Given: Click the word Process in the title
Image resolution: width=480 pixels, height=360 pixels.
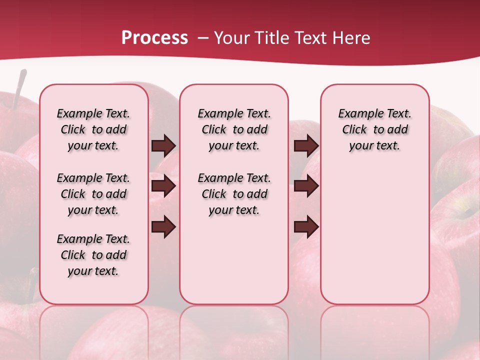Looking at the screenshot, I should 154,38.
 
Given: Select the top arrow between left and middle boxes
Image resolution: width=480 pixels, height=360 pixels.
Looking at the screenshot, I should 164,145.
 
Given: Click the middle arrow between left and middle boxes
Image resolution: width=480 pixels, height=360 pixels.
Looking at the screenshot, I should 164,186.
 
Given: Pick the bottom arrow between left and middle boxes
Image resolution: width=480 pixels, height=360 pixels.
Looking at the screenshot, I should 164,227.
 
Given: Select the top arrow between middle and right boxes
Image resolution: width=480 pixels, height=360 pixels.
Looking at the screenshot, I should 306,145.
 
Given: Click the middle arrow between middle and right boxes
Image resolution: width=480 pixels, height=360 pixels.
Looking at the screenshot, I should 306,186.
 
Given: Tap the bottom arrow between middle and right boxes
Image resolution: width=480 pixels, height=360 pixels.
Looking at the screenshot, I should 306,227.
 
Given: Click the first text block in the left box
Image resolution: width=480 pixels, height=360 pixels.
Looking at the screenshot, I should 93,129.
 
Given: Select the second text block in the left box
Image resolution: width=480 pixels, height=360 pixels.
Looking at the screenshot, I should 93,194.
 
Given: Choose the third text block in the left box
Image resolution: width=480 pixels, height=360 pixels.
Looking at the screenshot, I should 93,255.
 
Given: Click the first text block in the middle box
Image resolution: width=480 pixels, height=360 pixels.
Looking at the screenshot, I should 234,129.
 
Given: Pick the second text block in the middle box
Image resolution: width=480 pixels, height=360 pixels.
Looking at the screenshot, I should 234,194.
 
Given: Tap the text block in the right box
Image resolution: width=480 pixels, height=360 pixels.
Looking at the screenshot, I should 375,129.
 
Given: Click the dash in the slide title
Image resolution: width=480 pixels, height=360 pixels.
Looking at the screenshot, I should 203,38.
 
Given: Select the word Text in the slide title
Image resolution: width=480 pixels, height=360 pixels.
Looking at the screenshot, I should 311,38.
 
